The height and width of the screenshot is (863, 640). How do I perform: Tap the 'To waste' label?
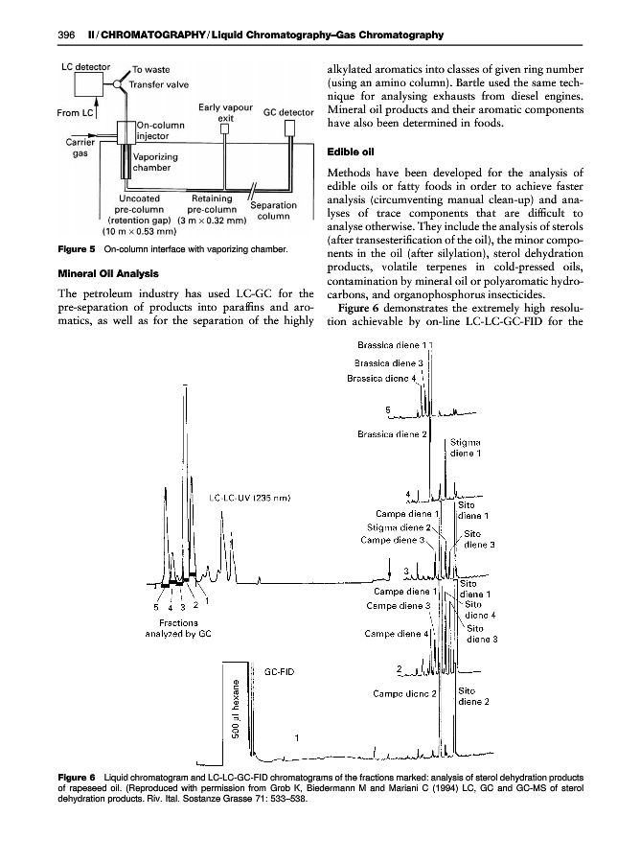151,70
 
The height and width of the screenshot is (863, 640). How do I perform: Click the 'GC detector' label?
289,112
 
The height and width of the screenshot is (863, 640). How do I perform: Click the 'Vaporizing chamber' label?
154,164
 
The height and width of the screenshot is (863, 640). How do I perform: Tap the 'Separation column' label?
273,210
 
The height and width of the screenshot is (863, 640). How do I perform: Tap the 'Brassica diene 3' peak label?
399,363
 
